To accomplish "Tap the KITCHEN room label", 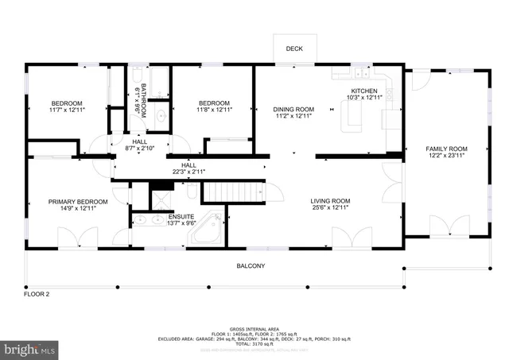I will [365, 91].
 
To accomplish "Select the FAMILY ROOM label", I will [446, 149].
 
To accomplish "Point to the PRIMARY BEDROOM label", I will [77, 201].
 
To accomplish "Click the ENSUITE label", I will [168, 217].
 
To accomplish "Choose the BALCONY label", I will [251, 266].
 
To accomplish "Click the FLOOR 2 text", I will [37, 295].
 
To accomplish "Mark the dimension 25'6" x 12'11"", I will [330, 208].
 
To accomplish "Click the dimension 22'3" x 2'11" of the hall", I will [188, 172].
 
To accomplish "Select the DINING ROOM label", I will [295, 109].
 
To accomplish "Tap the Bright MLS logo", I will [30, 349].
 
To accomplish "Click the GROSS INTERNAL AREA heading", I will [254, 328].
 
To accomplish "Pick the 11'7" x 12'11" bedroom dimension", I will [67, 110].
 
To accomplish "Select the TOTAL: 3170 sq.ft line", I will [254, 344].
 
